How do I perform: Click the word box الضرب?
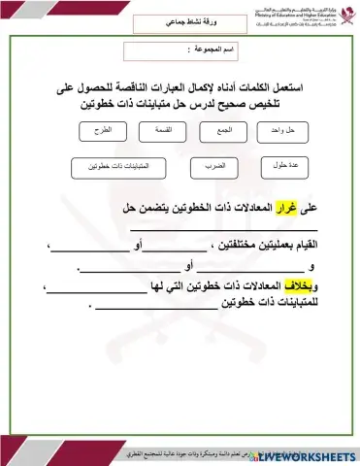click(x=215, y=167)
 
